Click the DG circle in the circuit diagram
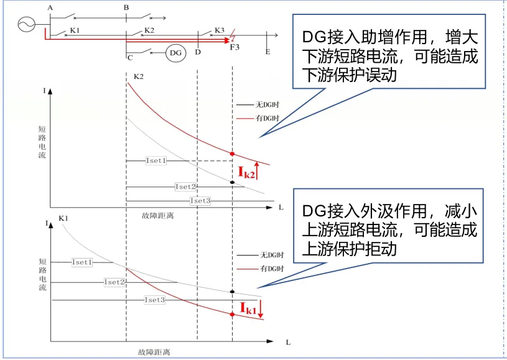point(175,53)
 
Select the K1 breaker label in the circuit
point(75,30)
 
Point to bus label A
point(49,7)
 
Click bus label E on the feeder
point(267,52)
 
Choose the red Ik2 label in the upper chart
point(247,172)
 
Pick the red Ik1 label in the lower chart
point(248,307)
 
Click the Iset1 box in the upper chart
point(156,160)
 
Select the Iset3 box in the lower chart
point(155,300)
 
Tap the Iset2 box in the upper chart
point(185,187)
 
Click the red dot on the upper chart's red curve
point(232,154)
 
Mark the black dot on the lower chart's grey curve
point(232,292)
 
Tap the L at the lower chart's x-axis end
point(288,343)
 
